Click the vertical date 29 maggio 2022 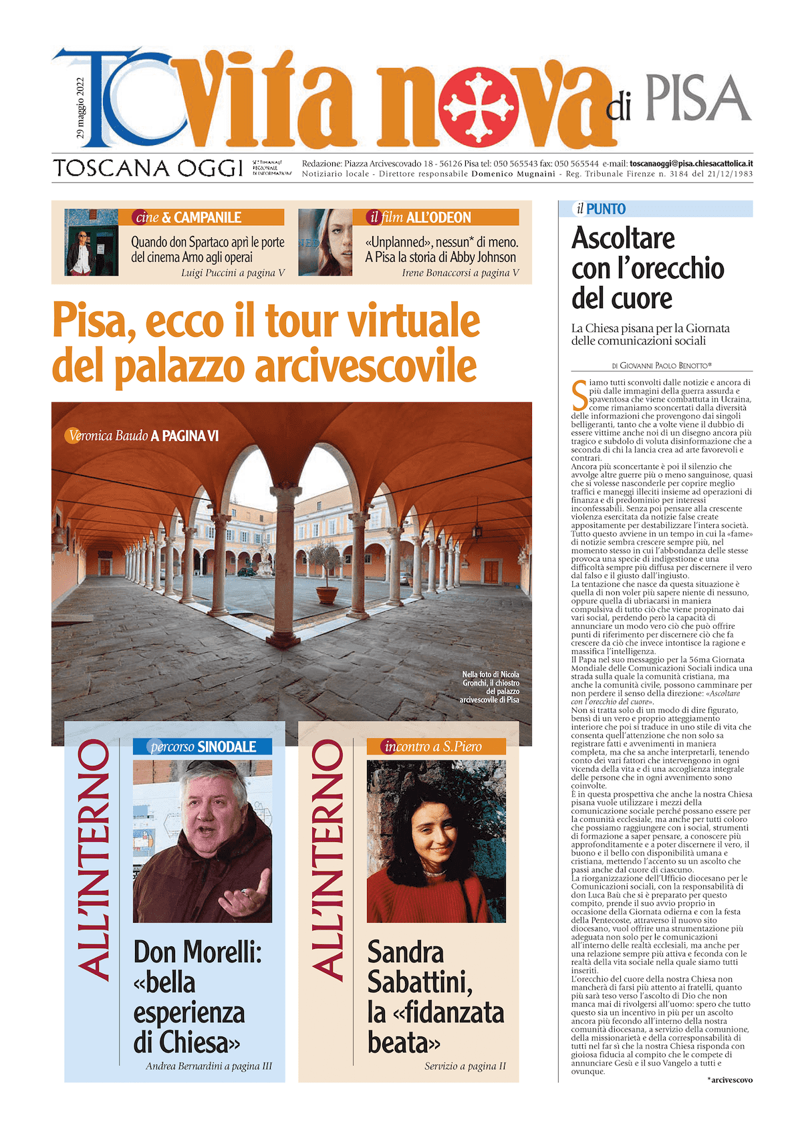(x=80, y=108)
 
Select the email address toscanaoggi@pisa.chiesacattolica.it (x=691, y=163)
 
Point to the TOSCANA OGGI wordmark (x=148, y=168)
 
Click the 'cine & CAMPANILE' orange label (x=188, y=217)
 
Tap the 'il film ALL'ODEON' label (x=421, y=217)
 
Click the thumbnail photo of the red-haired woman (x=325, y=243)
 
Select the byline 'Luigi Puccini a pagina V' (x=233, y=273)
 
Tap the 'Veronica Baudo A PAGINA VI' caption (x=144, y=436)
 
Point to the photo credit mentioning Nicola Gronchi (x=490, y=687)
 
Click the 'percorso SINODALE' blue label (x=203, y=746)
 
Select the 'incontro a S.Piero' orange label (x=433, y=746)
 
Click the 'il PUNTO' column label (x=601, y=209)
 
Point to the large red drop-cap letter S (x=579, y=395)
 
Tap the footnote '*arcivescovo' (x=730, y=1079)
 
